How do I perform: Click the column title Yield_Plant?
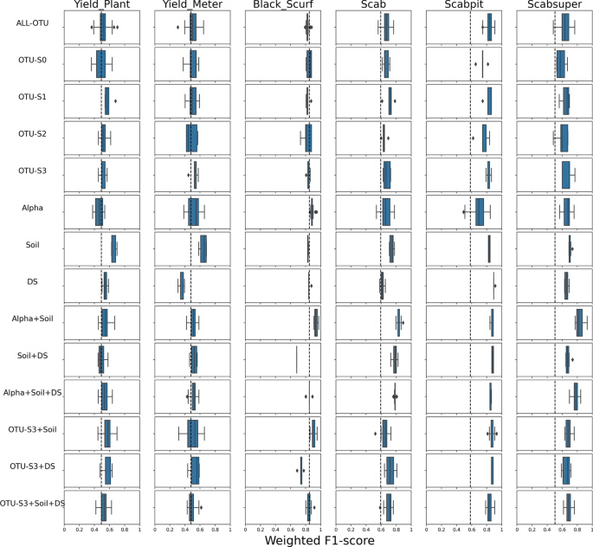click(x=102, y=6)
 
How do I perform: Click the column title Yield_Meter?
click(x=192, y=6)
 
